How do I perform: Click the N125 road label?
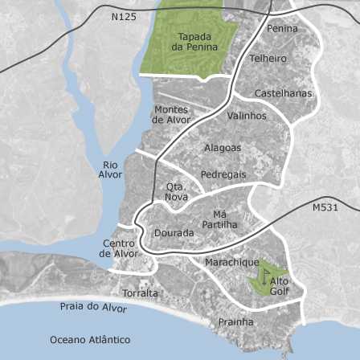125,16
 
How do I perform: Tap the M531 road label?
325,207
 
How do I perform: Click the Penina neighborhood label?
282,29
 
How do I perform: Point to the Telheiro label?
268,59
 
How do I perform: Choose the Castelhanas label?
283,93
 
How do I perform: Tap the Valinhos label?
246,116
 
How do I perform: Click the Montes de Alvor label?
171,115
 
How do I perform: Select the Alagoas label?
223,148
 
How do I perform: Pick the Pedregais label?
223,174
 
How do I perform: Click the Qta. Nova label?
176,191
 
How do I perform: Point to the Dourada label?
174,233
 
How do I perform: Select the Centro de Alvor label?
118,248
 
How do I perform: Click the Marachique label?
232,263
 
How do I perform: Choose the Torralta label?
140,293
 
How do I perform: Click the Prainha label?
235,322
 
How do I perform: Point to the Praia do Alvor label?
93,307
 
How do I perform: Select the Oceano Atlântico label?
90,340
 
